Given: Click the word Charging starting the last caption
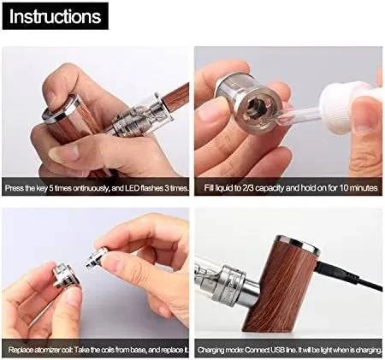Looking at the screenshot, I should click(x=212, y=350).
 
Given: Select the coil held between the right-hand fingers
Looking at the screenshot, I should click(x=96, y=258).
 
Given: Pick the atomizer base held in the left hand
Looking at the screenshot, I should click(x=62, y=276).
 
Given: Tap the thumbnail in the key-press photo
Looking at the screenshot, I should click(x=63, y=154).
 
